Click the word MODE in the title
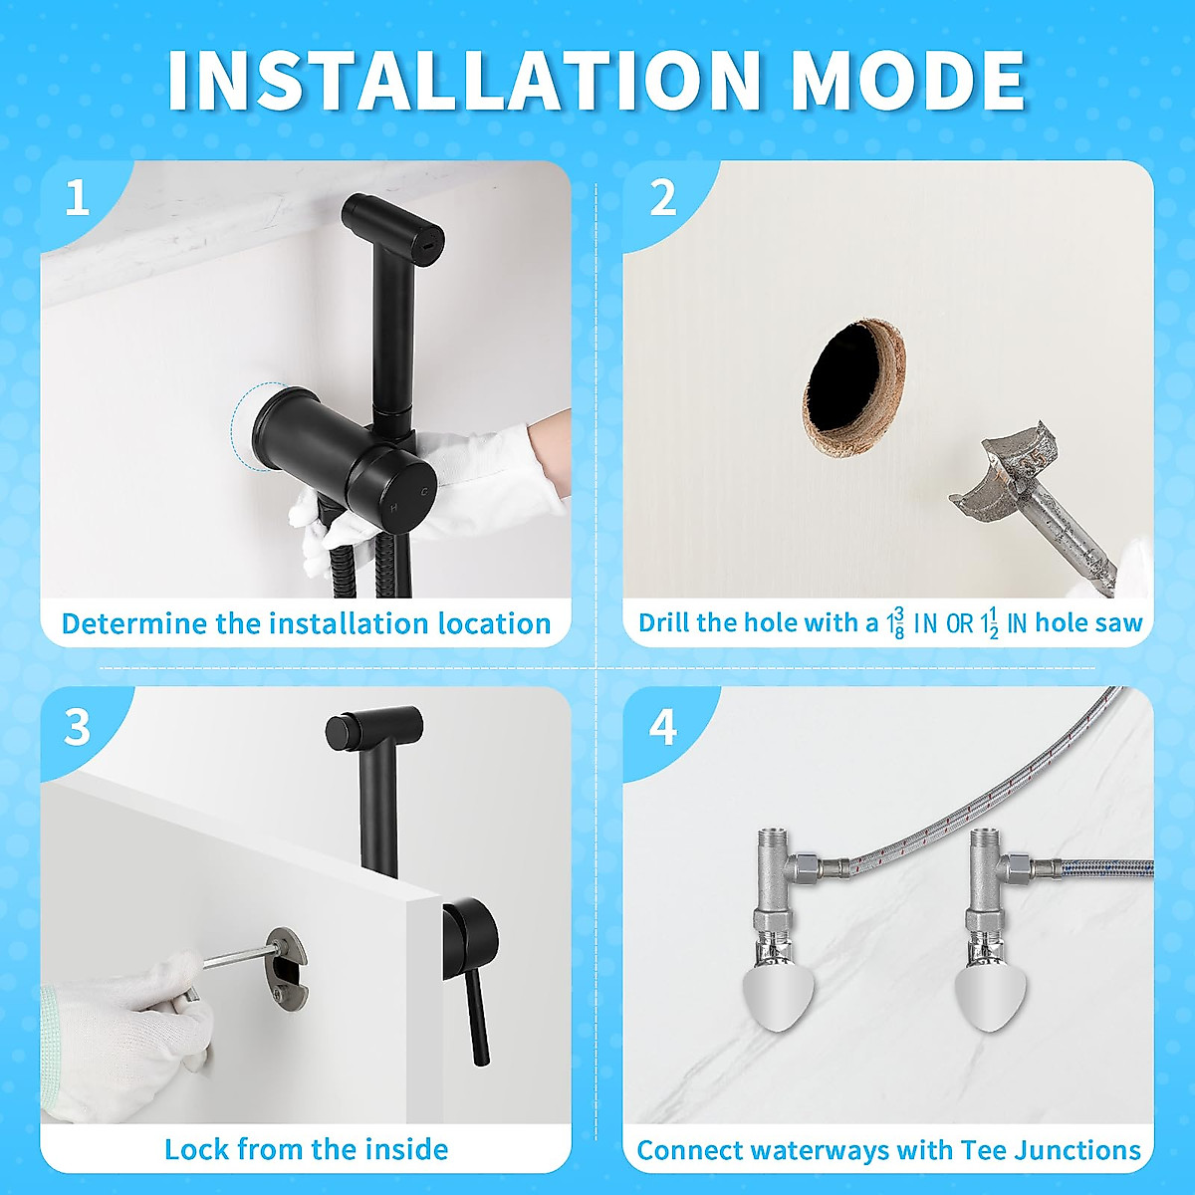click(x=907, y=80)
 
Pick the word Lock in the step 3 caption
click(x=198, y=1150)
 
